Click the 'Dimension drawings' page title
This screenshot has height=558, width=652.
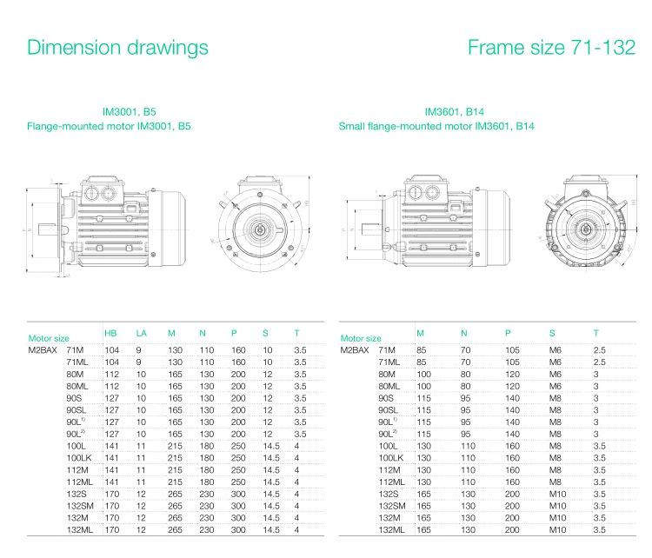coord(117,47)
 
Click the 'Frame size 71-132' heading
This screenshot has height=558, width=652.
coord(551,47)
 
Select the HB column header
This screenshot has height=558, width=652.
coord(110,333)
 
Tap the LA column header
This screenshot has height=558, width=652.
coord(141,333)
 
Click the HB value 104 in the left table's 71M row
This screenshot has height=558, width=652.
coord(111,349)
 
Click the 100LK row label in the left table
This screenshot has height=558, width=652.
coord(78,457)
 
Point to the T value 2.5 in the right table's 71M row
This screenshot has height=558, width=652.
coord(599,349)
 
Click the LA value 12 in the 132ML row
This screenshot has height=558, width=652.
coord(139,529)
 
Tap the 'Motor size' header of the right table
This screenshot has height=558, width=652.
coord(361,338)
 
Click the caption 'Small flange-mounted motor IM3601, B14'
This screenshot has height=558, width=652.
coord(436,126)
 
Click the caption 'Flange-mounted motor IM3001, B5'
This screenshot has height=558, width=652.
coord(109,126)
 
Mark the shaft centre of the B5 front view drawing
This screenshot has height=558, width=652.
coord(260,229)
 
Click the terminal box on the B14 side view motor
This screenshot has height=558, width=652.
coord(423,190)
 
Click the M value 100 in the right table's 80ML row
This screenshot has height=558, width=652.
coord(423,385)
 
